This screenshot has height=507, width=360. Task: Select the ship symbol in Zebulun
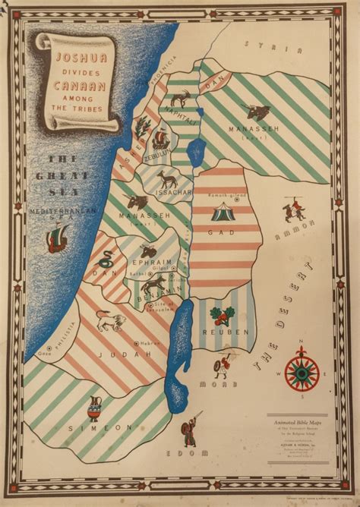pyautogui.click(x=160, y=139)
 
